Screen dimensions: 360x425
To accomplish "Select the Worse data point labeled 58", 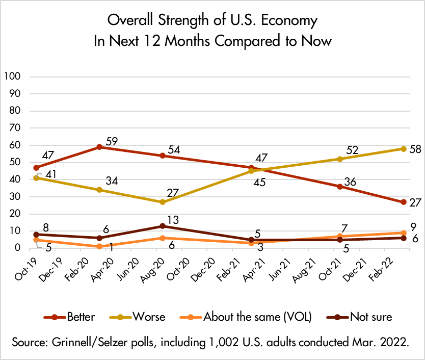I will pyautogui.click(x=404, y=149).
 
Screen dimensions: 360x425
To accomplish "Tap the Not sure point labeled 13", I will pyautogui.click(x=163, y=226).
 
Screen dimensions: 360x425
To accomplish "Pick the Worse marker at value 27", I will pyautogui.click(x=163, y=202).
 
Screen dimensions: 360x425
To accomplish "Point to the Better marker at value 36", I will pyautogui.click(x=339, y=186).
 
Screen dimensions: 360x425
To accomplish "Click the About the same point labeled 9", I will pyautogui.click(x=404, y=233).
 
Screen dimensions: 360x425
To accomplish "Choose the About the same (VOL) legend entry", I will pyautogui.click(x=249, y=317).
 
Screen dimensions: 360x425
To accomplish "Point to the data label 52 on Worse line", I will pyautogui.click(x=352, y=150).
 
